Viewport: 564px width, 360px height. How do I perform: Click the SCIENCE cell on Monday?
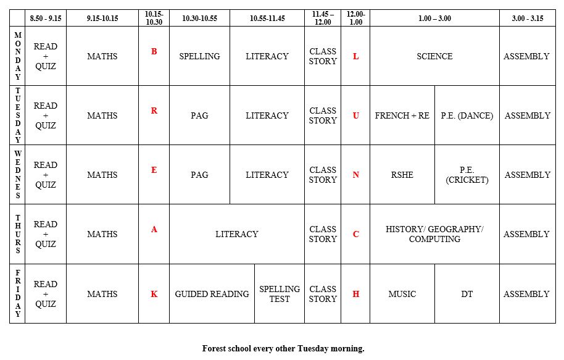pos(434,56)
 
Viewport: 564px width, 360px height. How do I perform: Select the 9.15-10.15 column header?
pos(102,19)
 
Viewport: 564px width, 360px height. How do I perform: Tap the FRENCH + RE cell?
pos(402,115)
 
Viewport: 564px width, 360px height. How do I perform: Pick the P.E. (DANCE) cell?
pos(467,115)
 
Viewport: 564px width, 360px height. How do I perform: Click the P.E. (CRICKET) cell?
pos(467,175)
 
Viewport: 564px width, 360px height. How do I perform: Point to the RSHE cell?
pos(402,175)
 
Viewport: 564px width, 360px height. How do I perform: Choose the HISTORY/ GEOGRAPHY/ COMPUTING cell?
pos(434,234)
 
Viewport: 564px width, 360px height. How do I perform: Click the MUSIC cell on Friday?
pos(402,294)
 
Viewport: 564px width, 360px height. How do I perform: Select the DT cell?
pos(467,294)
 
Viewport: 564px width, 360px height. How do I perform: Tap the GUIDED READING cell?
pos(212,294)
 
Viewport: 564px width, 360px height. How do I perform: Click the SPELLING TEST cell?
pos(280,294)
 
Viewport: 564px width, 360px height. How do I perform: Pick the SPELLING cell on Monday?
pos(199,56)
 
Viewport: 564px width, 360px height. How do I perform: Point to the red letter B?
pos(154,51)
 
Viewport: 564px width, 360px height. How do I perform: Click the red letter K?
pos(154,294)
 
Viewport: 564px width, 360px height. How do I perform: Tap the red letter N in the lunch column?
pos(355,175)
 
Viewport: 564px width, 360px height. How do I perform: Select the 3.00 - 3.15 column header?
pos(528,19)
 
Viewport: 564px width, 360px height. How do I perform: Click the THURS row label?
pos(18,234)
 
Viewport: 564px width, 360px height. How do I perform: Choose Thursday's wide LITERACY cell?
pos(237,234)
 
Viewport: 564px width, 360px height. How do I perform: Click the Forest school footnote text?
pos(283,348)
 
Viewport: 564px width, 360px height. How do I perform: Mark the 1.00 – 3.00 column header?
pos(434,19)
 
